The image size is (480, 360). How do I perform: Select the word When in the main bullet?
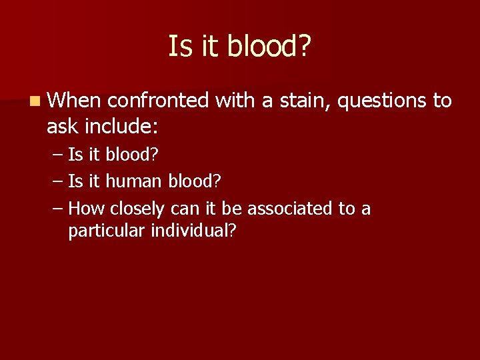point(74,101)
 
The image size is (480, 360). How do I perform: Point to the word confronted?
point(158,101)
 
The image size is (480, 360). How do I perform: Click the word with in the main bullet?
point(236,101)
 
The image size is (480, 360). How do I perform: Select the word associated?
point(290,209)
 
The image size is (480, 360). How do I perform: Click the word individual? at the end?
point(193,231)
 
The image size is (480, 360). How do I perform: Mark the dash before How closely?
point(58,209)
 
